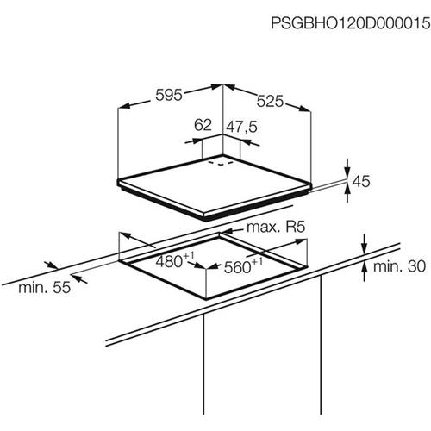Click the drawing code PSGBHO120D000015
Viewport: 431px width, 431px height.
coord(351,23)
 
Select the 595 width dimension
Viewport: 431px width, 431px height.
coord(169,95)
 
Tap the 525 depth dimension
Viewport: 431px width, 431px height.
coord(270,101)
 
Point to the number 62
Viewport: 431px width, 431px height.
coord(203,125)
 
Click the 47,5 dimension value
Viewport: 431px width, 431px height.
coord(241,127)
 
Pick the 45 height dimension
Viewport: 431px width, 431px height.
coord(361,181)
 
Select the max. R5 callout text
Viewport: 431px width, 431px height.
coord(276,228)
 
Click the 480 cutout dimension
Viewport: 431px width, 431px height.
coord(169,262)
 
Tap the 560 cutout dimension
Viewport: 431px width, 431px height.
coord(237,267)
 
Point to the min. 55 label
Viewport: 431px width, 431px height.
coord(44,287)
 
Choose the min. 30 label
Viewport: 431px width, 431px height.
coord(399,266)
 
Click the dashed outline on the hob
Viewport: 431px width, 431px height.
coord(221,163)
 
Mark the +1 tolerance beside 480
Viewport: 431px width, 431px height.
coord(189,255)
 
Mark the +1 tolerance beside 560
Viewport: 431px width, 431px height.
coord(257,261)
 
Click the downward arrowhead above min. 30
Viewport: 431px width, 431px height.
coord(365,247)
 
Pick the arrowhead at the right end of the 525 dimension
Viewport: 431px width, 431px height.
coord(304,109)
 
